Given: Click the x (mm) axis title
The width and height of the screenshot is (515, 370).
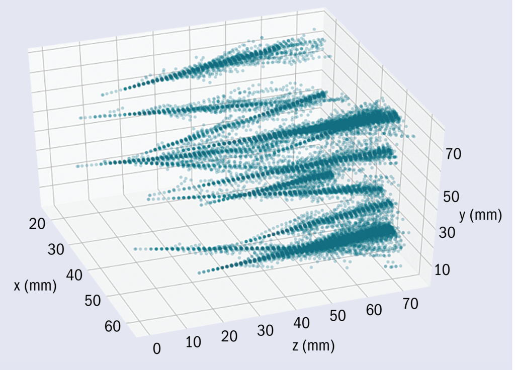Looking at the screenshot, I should tap(35, 286).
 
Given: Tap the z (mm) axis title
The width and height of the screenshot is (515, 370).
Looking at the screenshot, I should tap(313, 346).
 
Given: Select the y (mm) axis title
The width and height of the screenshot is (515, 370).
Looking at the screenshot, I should tap(481, 216).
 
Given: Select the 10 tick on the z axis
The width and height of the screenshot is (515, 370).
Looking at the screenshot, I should tap(193, 343).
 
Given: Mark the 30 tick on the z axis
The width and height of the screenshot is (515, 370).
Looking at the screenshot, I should tap(265, 330).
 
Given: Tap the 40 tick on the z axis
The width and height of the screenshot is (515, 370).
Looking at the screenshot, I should tap(301, 324).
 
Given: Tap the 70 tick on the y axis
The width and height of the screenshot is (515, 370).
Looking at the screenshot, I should tap(454, 154).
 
